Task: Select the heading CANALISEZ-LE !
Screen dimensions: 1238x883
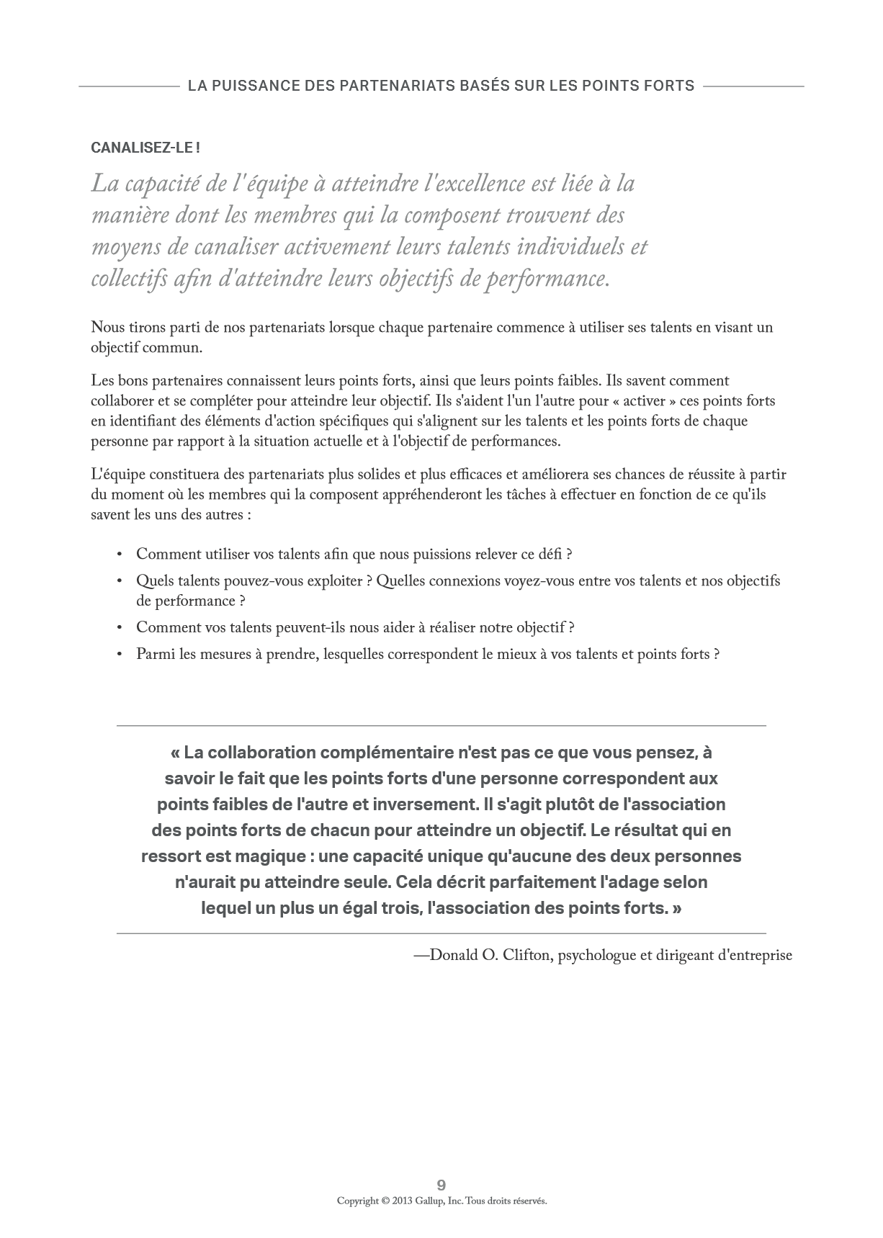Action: pos(145,148)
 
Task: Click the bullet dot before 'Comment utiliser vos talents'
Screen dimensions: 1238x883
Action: pos(120,555)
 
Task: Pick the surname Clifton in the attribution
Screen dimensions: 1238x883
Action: pos(526,956)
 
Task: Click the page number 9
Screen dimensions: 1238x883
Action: pos(441,1185)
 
